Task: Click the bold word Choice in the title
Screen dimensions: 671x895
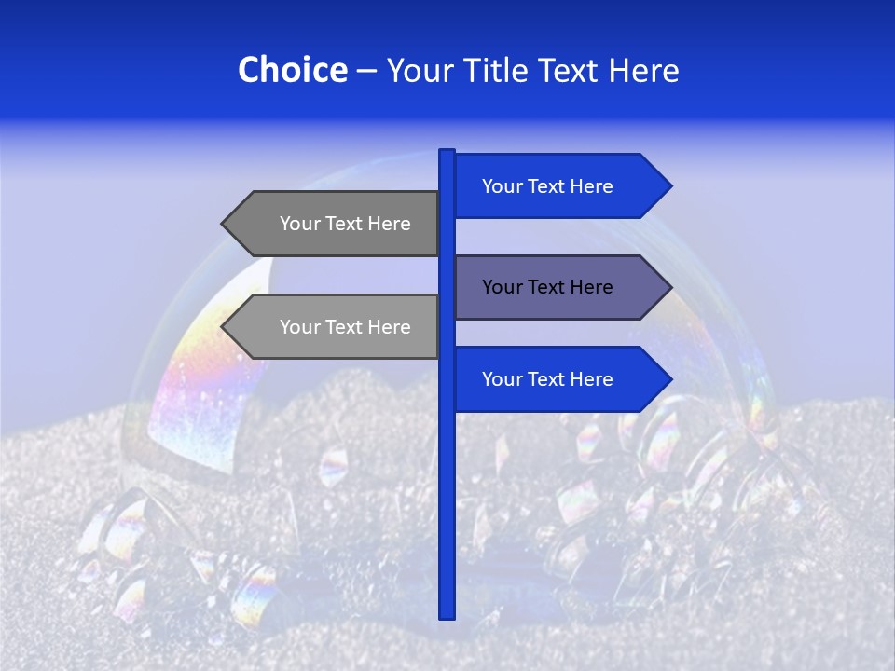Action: (292, 70)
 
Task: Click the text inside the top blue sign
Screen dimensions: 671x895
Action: (547, 186)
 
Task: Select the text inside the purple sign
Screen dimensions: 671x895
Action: (547, 287)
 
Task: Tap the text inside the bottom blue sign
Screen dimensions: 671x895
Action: (547, 379)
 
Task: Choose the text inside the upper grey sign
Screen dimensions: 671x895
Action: (345, 224)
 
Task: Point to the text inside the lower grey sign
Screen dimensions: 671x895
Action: (345, 327)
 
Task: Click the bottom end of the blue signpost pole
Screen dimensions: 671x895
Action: (447, 614)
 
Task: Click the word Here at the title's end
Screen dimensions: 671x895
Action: (644, 71)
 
